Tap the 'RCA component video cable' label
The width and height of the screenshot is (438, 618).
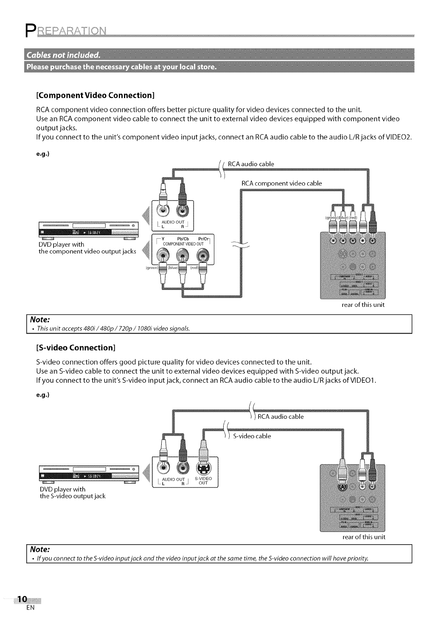(x=281, y=183)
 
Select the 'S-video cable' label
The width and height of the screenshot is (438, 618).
(x=252, y=436)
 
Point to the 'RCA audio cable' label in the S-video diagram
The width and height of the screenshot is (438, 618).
(x=281, y=416)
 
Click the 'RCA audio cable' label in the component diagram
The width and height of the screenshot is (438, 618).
(x=251, y=164)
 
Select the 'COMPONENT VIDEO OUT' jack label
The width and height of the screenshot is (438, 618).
(x=184, y=244)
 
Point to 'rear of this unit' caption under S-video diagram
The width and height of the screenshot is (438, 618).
(x=364, y=537)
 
